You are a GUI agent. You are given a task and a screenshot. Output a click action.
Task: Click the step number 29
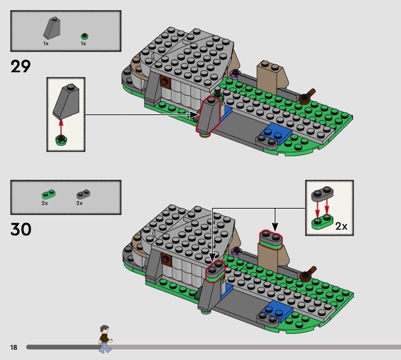(x=21, y=66)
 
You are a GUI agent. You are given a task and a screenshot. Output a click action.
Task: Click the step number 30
(x=21, y=229)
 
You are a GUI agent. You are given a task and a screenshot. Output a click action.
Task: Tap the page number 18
(x=13, y=347)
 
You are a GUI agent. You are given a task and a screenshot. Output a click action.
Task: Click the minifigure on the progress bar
(x=105, y=339)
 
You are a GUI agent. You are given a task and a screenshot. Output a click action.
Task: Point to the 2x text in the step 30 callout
(x=341, y=226)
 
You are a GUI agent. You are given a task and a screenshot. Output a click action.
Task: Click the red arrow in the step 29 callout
(x=61, y=125)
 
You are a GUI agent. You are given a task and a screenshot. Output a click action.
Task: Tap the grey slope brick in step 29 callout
(x=65, y=101)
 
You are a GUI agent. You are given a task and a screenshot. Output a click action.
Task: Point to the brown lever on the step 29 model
(x=308, y=95)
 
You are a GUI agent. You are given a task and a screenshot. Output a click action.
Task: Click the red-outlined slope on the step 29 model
(x=210, y=116)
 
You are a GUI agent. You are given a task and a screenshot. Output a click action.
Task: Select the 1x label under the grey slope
(x=46, y=44)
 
